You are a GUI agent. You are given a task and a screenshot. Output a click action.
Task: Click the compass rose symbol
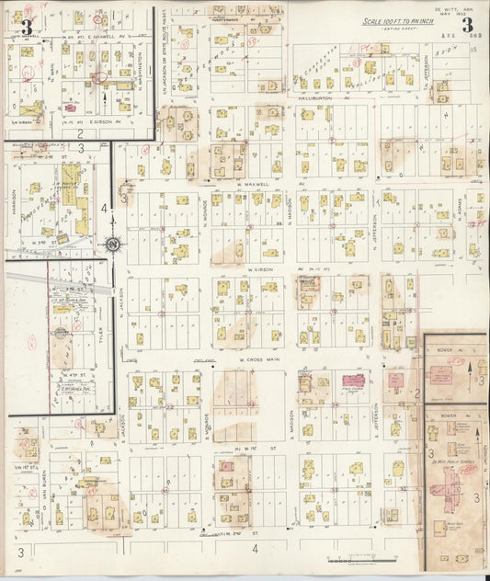(112, 245)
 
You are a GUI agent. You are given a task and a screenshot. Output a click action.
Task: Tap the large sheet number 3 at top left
(27, 26)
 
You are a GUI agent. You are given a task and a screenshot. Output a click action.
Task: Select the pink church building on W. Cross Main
(353, 380)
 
